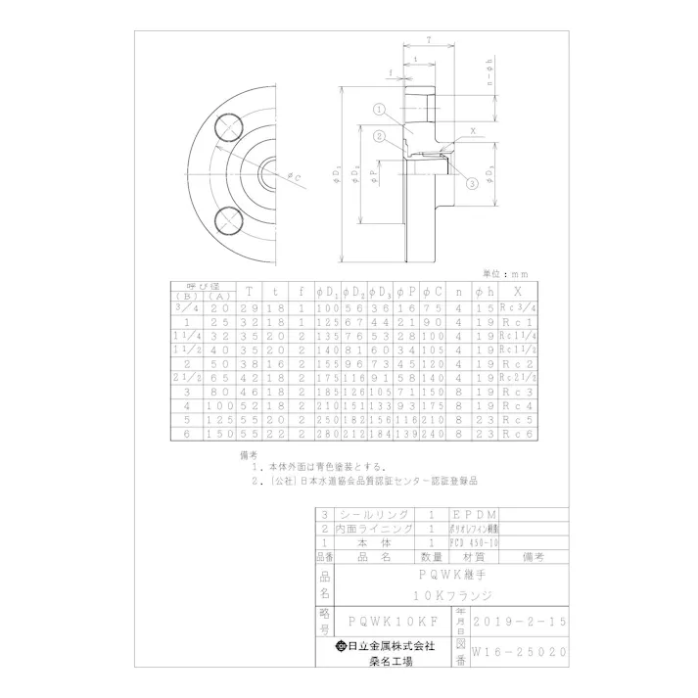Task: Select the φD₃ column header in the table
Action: tap(382, 292)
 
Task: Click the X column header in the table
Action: tap(517, 292)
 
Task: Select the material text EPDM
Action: tap(474, 514)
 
